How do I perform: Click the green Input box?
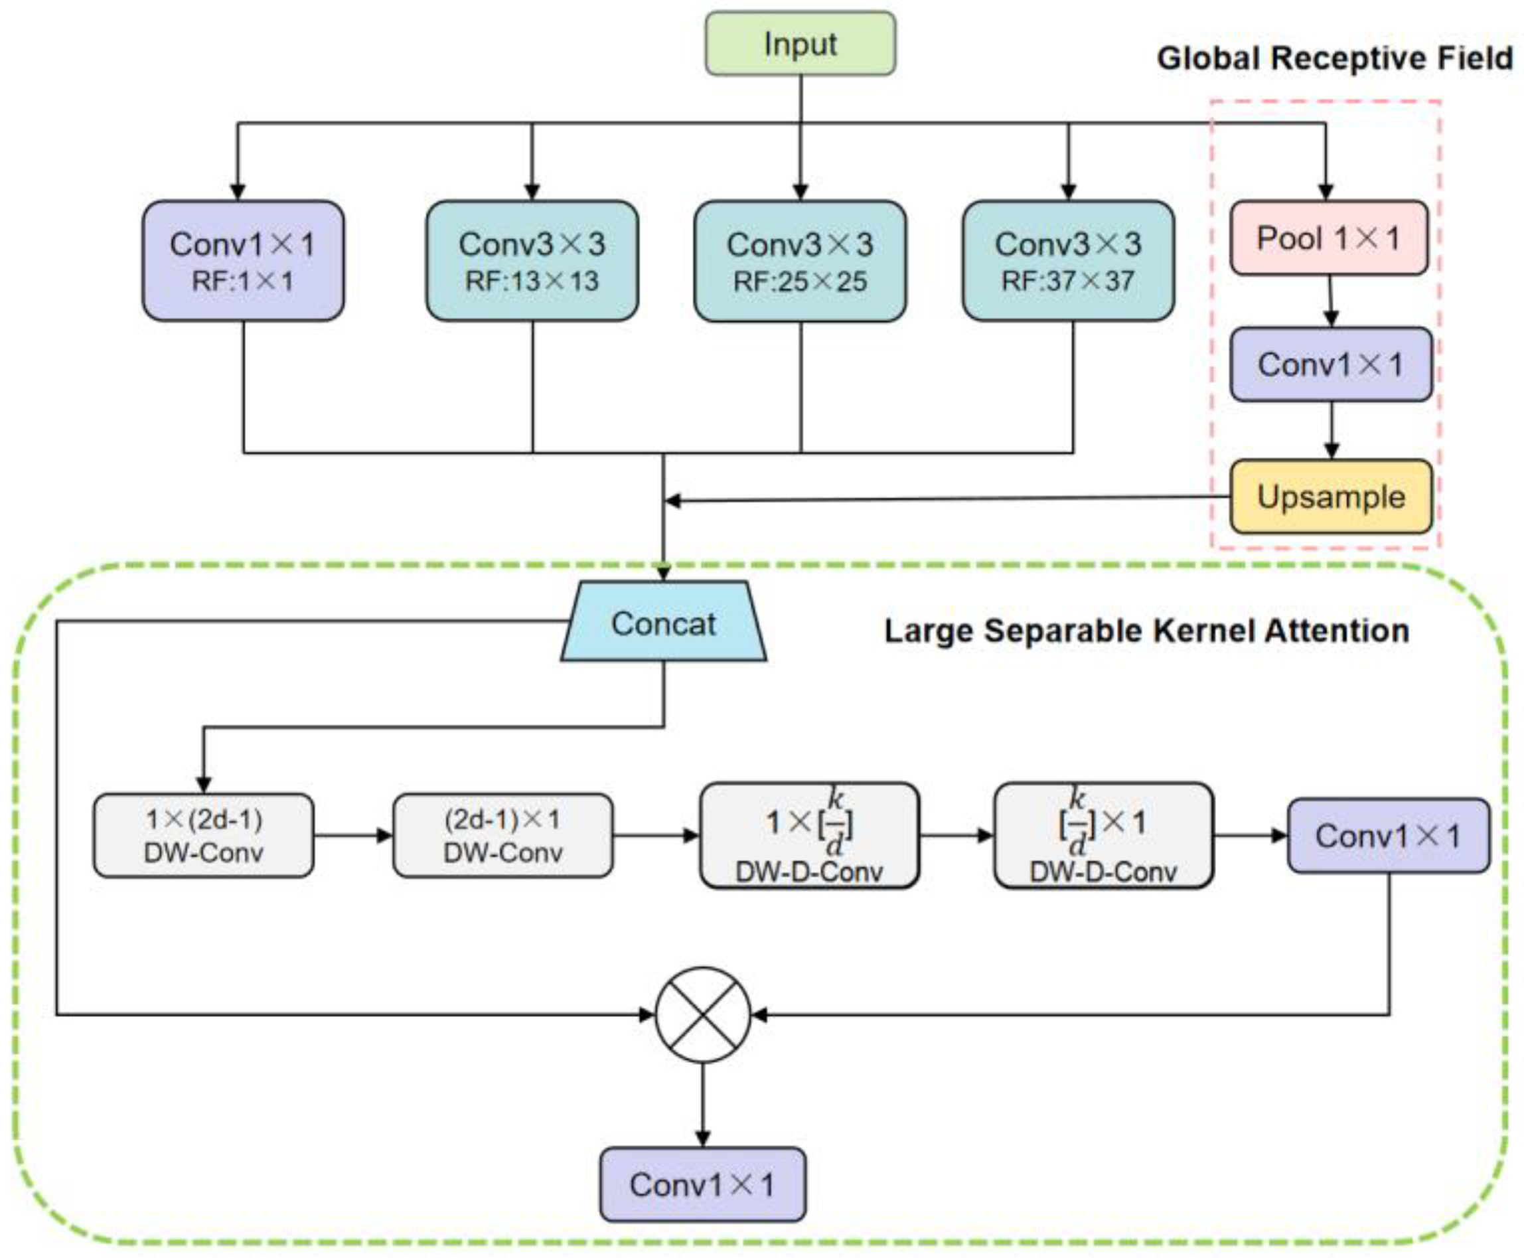800,43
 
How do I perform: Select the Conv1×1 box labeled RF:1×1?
243,261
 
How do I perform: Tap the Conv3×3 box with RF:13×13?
532,261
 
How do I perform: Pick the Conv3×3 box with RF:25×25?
800,261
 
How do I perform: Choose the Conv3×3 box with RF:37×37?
1068,261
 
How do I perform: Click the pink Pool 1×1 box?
1328,238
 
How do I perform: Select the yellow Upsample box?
1330,497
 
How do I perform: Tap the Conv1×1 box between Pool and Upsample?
1330,364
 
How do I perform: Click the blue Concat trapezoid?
663,623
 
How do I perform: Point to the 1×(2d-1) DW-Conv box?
204,836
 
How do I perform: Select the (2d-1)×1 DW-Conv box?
503,836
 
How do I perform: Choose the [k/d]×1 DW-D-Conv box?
1103,836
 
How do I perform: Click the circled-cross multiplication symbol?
702,1014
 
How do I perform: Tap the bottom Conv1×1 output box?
702,1185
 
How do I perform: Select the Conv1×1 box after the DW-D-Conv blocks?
1388,836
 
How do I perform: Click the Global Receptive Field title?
1334,58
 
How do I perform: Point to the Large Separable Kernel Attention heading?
1146,631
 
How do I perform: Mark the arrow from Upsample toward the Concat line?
942,499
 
